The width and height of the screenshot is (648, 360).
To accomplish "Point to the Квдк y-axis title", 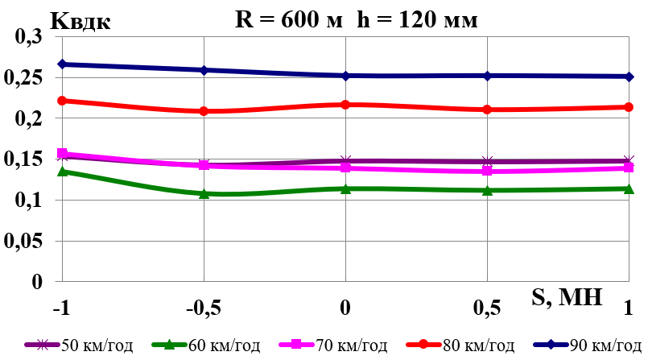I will (x=80, y=20).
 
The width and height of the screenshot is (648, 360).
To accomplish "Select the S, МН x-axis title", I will (x=567, y=297).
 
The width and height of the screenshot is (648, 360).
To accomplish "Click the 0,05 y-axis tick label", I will (x=26, y=242).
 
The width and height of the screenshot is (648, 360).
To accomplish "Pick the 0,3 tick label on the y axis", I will (x=31, y=37).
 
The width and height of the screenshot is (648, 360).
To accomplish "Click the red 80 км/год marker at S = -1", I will (x=62, y=101).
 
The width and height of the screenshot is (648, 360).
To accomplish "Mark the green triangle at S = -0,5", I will (x=204, y=193).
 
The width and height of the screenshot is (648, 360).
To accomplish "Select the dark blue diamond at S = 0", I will (x=346, y=76).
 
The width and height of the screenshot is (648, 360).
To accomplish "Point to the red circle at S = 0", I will (x=346, y=105).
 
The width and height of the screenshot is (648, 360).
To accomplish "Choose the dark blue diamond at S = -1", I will (x=62, y=64).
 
